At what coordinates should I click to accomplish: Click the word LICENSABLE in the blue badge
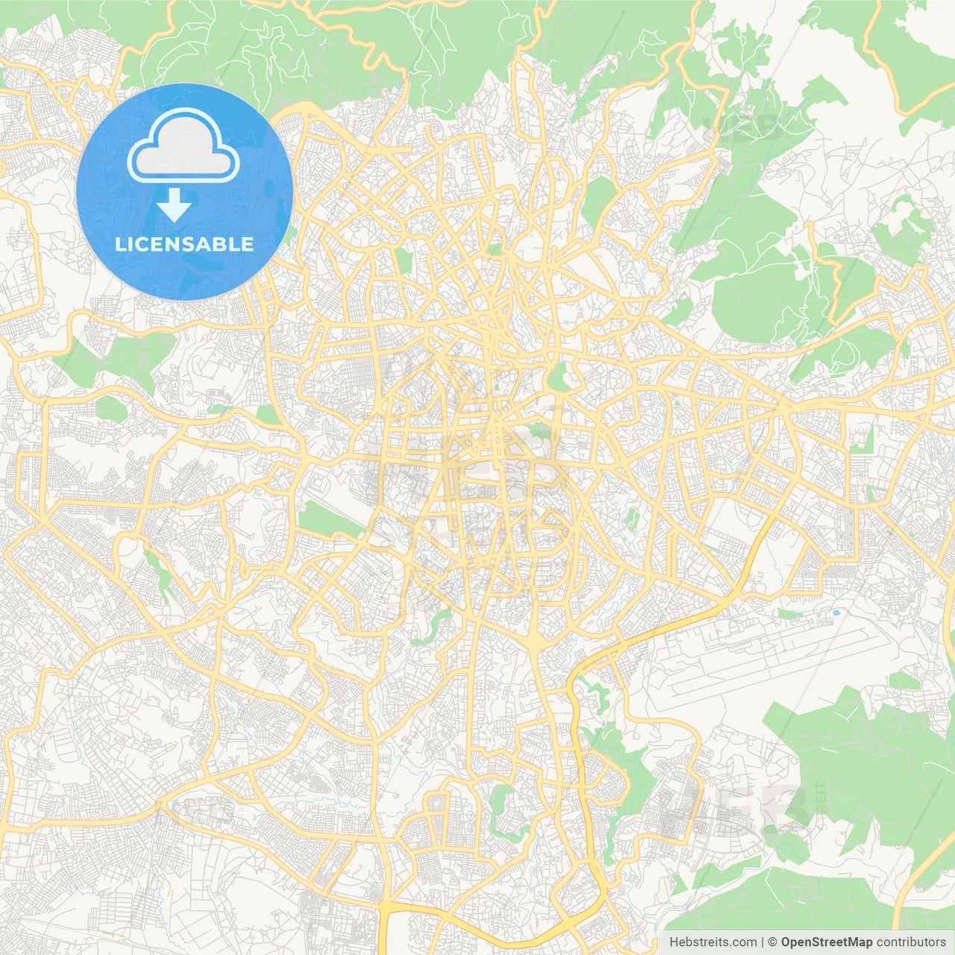[x=184, y=244]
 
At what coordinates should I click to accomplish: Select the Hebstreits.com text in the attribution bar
[x=713, y=942]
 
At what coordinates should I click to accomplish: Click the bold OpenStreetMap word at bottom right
[x=826, y=942]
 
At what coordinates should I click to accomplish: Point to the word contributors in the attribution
[x=910, y=942]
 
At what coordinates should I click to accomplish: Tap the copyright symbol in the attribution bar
[x=772, y=942]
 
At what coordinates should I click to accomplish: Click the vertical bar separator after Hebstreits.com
[x=762, y=942]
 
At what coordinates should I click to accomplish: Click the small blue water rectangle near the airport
[x=835, y=613]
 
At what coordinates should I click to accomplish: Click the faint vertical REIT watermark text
[x=821, y=798]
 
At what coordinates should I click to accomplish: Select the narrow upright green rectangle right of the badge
[x=404, y=260]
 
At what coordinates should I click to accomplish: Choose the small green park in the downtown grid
[x=537, y=430]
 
